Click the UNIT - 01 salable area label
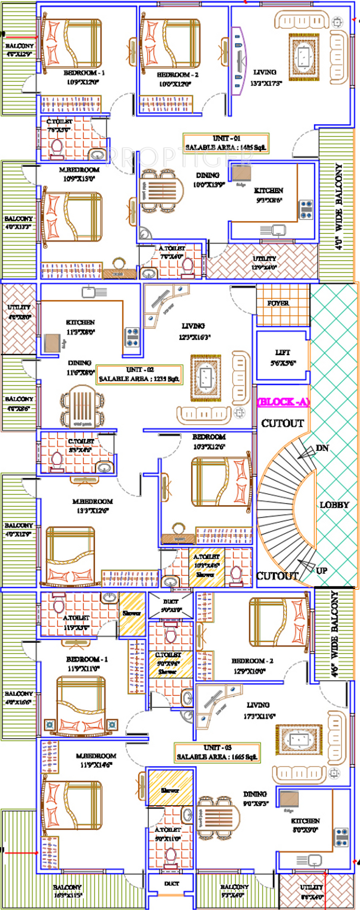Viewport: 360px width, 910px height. (x=226, y=143)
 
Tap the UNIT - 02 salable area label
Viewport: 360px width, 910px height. (x=139, y=375)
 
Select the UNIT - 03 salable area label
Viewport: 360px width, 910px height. (x=217, y=752)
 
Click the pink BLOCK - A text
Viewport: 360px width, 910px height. (x=283, y=402)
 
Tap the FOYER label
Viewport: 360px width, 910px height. (x=278, y=303)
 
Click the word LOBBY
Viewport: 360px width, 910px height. (x=334, y=505)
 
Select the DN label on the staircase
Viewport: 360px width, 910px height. (x=322, y=448)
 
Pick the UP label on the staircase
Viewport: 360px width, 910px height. (x=321, y=570)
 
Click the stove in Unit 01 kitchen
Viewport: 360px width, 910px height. (x=306, y=209)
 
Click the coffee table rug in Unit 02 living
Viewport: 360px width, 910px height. (x=206, y=378)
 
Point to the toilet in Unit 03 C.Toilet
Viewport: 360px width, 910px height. (x=171, y=635)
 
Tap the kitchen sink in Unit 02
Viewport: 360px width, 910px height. (x=89, y=292)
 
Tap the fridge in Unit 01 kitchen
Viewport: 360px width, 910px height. (x=242, y=173)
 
